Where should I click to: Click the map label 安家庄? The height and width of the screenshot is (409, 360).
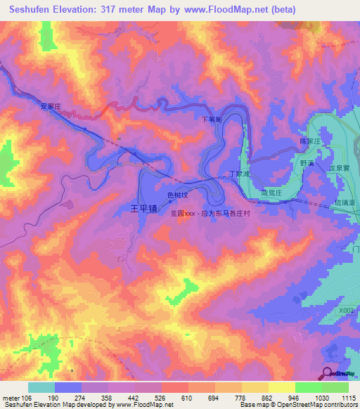click(51, 106)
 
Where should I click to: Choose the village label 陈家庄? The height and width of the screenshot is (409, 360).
click(310, 141)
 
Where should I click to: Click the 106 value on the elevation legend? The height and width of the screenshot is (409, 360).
click(25, 398)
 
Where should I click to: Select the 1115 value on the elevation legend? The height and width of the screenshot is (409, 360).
click(347, 398)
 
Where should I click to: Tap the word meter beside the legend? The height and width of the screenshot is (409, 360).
click(11, 398)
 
